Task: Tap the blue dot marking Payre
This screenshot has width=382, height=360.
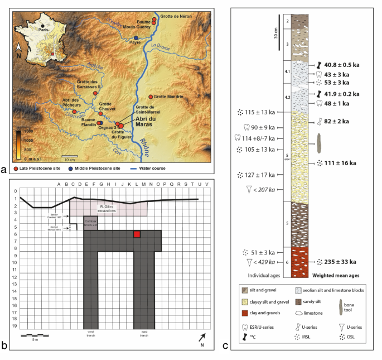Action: point(136,37)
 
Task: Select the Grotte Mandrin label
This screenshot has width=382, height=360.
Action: point(168,97)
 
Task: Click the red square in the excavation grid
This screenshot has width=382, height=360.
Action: point(137,234)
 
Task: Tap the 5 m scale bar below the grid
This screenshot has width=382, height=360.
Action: point(35,337)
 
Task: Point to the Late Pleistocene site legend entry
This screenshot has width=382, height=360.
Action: point(45,168)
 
